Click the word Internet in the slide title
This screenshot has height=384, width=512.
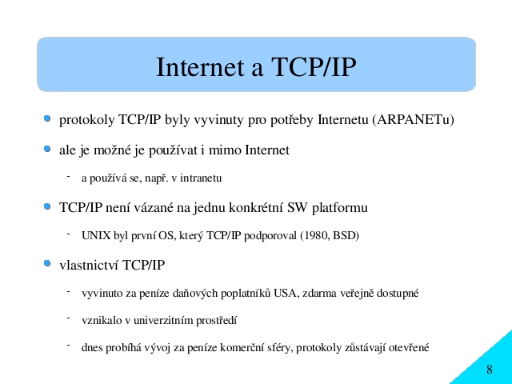coord(200,67)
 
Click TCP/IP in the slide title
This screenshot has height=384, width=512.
coord(314,67)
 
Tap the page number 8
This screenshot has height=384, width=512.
coord(489,370)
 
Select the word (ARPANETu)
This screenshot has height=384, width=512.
coord(413,120)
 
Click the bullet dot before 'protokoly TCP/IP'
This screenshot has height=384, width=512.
coord(47,118)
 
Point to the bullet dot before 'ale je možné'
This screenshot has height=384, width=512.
coord(47,149)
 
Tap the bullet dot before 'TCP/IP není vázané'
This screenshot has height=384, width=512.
coord(47,206)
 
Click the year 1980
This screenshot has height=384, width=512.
coord(317,236)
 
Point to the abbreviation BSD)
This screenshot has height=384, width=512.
coord(346,236)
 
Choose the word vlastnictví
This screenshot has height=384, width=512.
coord(89,265)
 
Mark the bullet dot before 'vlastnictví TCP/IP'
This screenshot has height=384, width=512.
coord(47,263)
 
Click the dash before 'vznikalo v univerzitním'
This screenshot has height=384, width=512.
coord(69,318)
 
